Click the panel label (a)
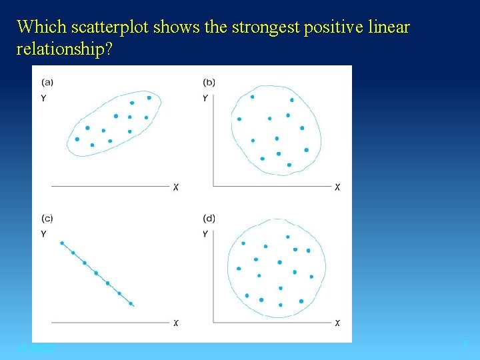click(48, 82)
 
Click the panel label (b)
click(209, 82)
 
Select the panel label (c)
click(47, 218)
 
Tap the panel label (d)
click(209, 218)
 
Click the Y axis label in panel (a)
click(43, 98)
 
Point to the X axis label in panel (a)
click(175, 187)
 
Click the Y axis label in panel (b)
click(205, 98)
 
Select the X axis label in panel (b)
click(337, 187)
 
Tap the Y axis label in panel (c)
click(43, 234)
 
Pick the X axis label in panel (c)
click(175, 323)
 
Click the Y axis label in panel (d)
click(205, 234)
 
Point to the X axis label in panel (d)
click(337, 323)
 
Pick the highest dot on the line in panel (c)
click(62, 243)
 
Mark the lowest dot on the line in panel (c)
click(131, 304)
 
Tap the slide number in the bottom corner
click(465, 343)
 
